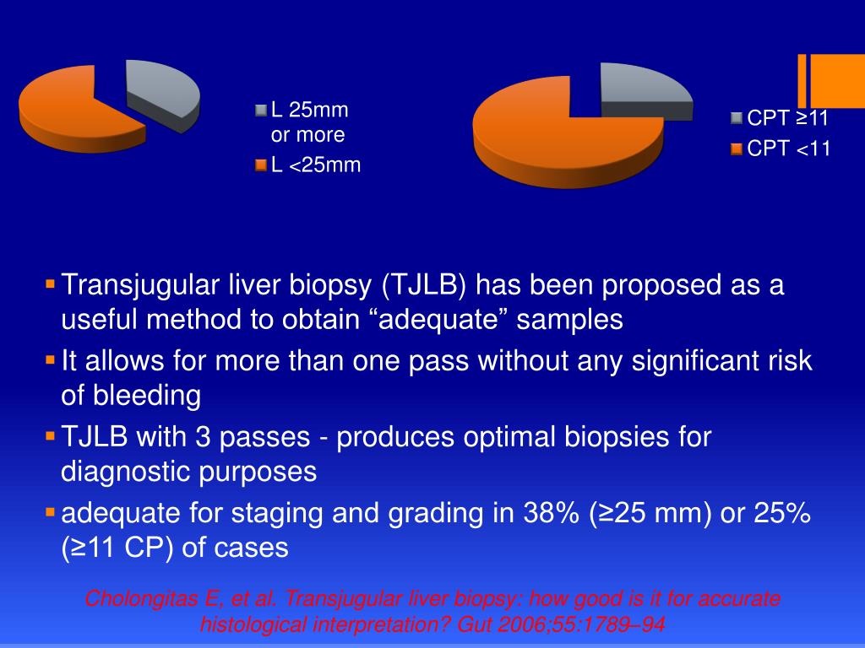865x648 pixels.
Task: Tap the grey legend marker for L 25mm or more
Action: [261, 111]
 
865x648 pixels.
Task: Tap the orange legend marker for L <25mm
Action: [261, 165]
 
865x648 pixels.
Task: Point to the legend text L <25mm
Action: [315, 165]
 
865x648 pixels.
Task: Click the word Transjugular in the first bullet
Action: [133, 286]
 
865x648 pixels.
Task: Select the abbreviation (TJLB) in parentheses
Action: [425, 286]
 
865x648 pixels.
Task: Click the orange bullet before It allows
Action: [50, 359]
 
